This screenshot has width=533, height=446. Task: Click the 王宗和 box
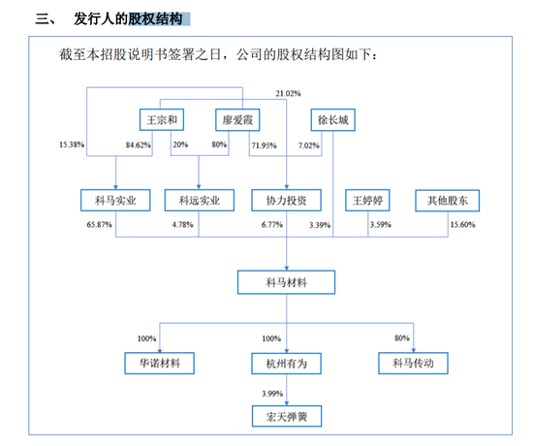click(x=162, y=120)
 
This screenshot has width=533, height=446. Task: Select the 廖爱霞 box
click(x=237, y=120)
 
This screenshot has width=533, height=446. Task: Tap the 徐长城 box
click(x=333, y=120)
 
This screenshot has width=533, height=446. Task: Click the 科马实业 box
click(x=115, y=201)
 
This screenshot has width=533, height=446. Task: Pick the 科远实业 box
click(x=200, y=201)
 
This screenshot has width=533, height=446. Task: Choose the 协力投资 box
click(x=287, y=201)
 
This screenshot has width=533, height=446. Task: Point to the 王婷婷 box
click(x=368, y=201)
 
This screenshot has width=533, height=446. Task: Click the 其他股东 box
click(x=448, y=201)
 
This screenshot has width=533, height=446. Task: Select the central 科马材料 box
click(x=287, y=282)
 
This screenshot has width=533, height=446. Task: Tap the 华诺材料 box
click(x=160, y=364)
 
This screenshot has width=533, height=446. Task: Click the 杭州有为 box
click(x=287, y=364)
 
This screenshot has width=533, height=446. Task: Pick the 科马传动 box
click(x=414, y=364)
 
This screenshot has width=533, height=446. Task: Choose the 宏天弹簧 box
click(x=287, y=416)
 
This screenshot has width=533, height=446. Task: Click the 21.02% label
click(x=288, y=93)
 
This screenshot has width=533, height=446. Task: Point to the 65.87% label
click(x=99, y=225)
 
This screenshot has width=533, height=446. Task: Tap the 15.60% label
click(x=463, y=225)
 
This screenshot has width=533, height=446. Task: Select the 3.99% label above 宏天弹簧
click(x=272, y=394)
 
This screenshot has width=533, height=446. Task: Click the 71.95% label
click(x=265, y=145)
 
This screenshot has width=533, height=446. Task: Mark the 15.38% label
click(x=72, y=144)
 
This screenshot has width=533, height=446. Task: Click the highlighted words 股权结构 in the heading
click(x=156, y=19)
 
